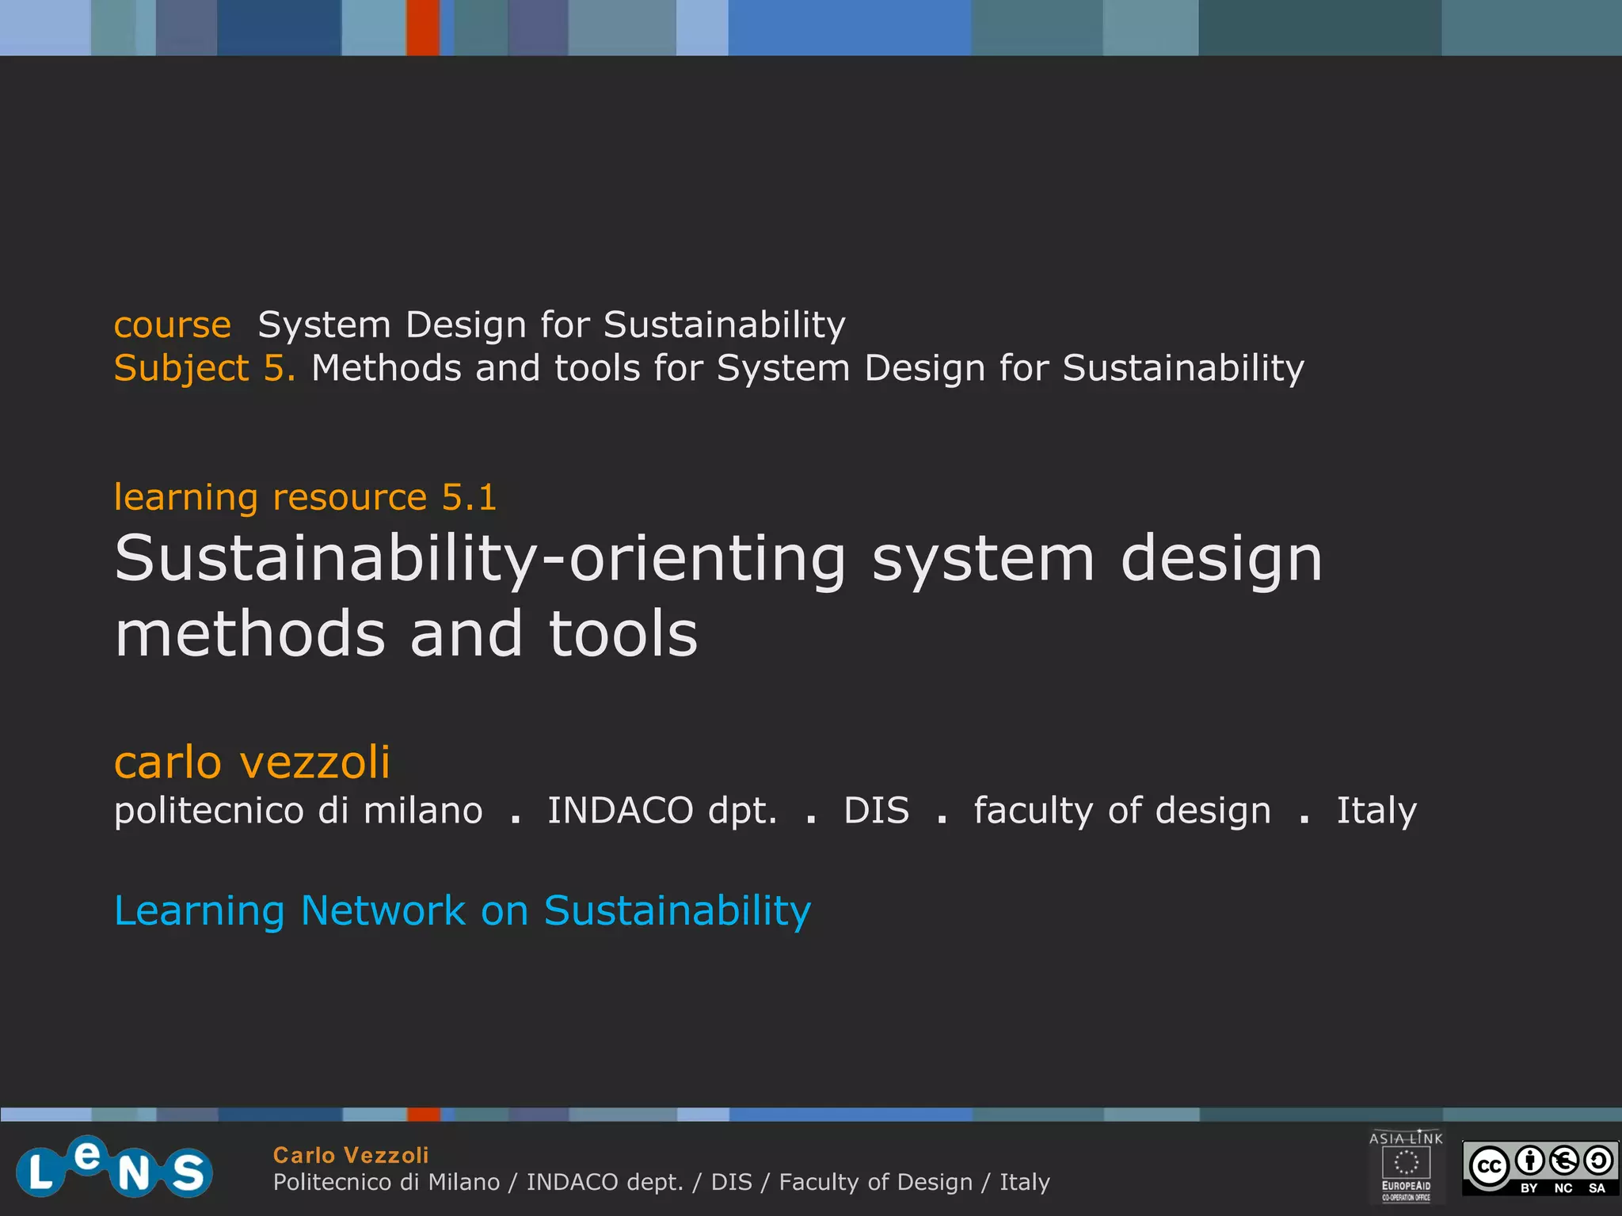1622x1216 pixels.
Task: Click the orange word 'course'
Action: pyautogui.click(x=172, y=325)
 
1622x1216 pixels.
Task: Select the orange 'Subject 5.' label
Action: pyautogui.click(x=204, y=369)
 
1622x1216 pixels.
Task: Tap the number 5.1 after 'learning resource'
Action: pyautogui.click(x=469, y=497)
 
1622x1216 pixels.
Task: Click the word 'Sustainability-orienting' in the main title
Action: pyautogui.click(x=480, y=559)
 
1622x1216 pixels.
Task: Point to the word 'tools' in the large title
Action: pyautogui.click(x=623, y=634)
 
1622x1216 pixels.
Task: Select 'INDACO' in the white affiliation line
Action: pyautogui.click(x=620, y=811)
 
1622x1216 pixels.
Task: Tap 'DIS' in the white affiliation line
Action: pyautogui.click(x=876, y=811)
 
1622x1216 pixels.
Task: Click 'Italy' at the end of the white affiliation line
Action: pyautogui.click(x=1376, y=811)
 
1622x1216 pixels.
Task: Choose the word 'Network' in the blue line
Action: pyautogui.click(x=383, y=910)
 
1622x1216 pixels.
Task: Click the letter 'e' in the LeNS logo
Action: pyautogui.click(x=87, y=1154)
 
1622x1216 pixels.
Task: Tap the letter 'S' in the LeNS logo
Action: pyautogui.click(x=188, y=1172)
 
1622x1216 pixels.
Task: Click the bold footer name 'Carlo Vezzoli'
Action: pyautogui.click(x=351, y=1155)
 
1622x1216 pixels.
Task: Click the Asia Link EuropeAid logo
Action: pyautogui.click(x=1406, y=1166)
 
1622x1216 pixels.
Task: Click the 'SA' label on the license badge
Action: pyautogui.click(x=1597, y=1188)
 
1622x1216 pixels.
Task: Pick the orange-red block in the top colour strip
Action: pyautogui.click(x=423, y=28)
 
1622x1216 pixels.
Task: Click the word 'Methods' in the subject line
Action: pyautogui.click(x=386, y=369)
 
